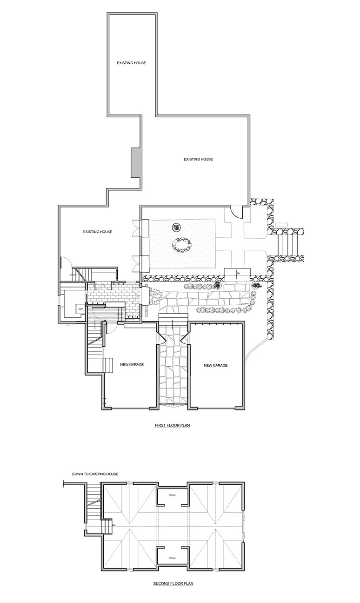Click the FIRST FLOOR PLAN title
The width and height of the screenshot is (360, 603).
click(x=173, y=425)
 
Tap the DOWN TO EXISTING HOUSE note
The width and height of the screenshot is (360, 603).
click(x=95, y=474)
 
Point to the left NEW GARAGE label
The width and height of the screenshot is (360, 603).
click(x=132, y=365)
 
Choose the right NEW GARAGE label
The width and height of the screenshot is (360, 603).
click(x=216, y=366)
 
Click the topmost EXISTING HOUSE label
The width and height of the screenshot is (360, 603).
click(x=132, y=63)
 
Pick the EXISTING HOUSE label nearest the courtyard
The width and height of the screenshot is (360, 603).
click(x=98, y=232)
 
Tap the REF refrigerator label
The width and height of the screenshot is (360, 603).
click(x=80, y=308)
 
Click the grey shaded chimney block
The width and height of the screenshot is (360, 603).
click(x=135, y=162)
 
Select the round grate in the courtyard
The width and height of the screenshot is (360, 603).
click(x=176, y=227)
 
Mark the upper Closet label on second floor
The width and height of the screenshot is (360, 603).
click(x=172, y=495)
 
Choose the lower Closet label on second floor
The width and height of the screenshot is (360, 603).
click(x=172, y=558)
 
